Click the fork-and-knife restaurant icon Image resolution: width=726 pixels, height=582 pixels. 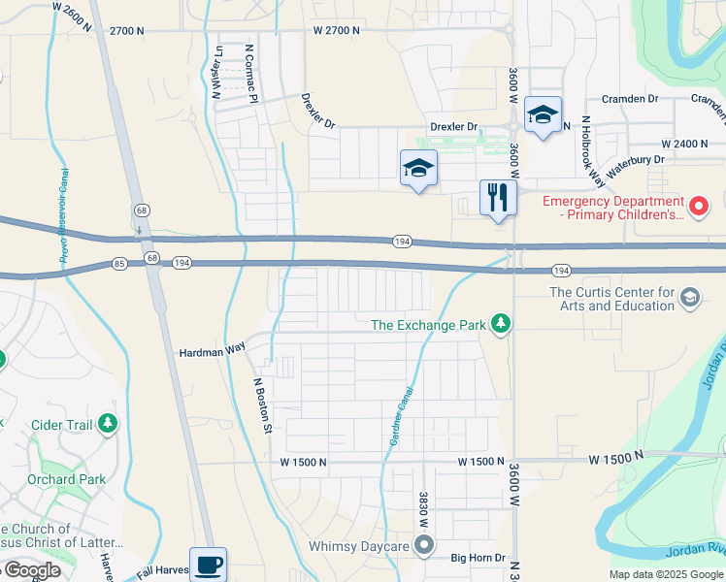498,198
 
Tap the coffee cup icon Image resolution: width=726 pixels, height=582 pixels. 209,564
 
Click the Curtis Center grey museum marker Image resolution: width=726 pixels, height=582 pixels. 690,296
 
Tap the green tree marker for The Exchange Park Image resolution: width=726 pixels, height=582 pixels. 500,323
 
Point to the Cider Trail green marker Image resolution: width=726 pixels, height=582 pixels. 107,424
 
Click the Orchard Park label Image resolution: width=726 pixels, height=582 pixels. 67,479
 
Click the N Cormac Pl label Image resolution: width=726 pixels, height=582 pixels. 249,72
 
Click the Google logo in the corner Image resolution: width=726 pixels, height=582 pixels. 31,570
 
